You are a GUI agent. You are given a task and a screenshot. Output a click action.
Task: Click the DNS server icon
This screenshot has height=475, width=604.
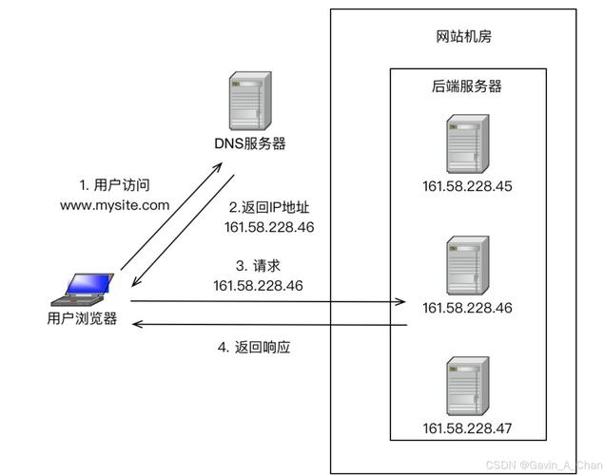point(247,103)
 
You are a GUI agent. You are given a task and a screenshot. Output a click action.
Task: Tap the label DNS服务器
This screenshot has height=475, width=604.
point(249,143)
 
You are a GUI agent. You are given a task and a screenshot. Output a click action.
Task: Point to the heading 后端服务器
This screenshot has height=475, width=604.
point(467,86)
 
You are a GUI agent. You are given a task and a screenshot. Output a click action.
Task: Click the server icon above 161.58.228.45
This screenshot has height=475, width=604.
point(467,142)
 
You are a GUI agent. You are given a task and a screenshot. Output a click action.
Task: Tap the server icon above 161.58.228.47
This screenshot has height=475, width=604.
point(467,385)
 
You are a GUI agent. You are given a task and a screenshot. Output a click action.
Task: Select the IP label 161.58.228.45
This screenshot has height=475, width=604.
point(467,186)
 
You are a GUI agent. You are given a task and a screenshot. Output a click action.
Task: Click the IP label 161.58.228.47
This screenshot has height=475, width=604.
point(467,428)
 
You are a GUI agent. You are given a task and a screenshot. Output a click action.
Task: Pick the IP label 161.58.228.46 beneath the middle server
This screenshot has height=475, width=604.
point(467,308)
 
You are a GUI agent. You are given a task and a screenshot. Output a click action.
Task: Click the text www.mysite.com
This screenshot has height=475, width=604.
point(114,204)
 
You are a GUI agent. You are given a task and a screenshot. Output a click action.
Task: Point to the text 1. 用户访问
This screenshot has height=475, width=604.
point(114,184)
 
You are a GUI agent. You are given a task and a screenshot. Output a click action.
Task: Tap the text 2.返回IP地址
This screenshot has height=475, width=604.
point(269,207)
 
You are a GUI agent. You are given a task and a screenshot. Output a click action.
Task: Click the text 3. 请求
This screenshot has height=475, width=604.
point(257,265)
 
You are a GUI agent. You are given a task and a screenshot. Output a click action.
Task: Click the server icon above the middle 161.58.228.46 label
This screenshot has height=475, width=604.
point(467,264)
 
